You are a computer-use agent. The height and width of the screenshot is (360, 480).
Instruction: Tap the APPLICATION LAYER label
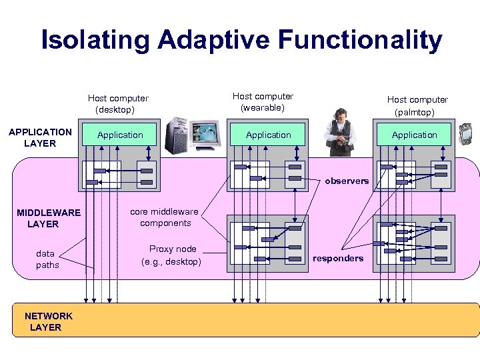pyautogui.click(x=40, y=138)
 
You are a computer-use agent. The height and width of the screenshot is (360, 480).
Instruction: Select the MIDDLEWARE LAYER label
pyautogui.click(x=48, y=218)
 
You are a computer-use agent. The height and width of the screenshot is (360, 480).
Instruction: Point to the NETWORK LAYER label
pyautogui.click(x=48, y=321)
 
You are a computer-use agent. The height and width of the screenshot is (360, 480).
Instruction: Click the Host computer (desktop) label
pyautogui.click(x=118, y=104)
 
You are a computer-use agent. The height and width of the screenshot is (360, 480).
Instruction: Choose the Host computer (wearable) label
pyautogui.click(x=263, y=102)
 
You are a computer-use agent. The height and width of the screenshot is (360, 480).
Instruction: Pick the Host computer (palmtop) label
pyautogui.click(x=417, y=105)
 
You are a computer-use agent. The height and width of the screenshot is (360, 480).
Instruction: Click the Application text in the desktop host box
pyautogui.click(x=120, y=135)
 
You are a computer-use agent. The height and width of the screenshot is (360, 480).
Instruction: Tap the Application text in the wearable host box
pyautogui.click(x=268, y=135)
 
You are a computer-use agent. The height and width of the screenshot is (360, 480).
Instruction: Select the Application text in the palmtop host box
pyautogui.click(x=414, y=135)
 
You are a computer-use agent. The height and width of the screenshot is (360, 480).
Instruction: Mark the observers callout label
pyautogui.click(x=347, y=181)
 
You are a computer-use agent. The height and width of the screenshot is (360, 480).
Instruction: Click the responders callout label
pyautogui.click(x=338, y=258)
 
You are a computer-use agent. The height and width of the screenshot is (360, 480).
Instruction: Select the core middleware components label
pyautogui.click(x=165, y=217)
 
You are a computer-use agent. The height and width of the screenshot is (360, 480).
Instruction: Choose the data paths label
pyautogui.click(x=47, y=259)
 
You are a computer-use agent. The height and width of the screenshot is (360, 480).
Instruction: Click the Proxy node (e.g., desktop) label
pyautogui.click(x=171, y=255)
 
